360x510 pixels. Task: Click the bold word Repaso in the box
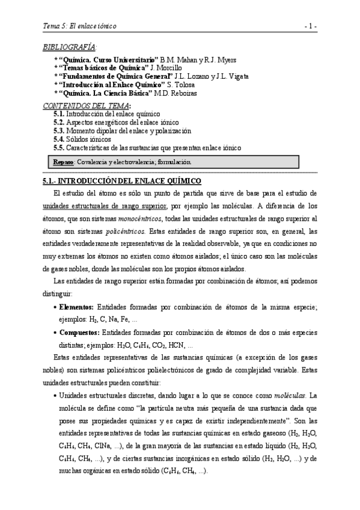coord(63,162)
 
